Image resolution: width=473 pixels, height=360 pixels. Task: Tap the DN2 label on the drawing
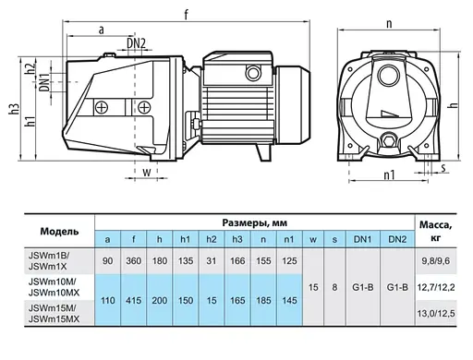click(136, 43)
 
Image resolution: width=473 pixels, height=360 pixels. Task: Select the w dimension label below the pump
click(147, 172)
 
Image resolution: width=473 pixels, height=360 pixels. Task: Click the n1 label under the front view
click(389, 174)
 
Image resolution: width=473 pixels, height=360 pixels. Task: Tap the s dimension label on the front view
click(443, 168)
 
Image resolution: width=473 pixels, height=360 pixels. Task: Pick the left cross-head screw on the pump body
click(102, 108)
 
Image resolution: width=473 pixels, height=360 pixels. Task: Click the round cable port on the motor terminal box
click(253, 73)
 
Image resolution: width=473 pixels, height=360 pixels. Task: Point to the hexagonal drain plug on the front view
click(388, 141)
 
